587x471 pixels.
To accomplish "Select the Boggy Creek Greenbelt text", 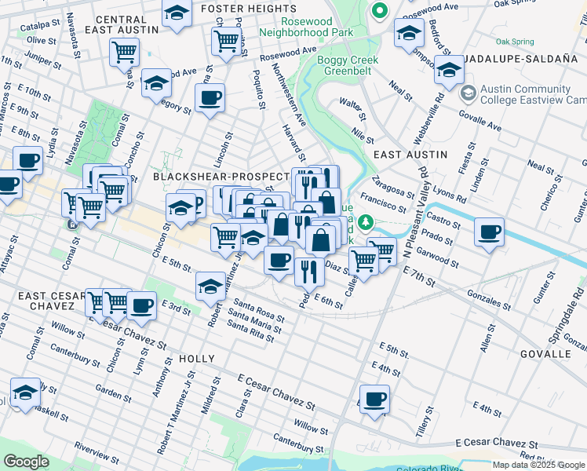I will pos(348,66).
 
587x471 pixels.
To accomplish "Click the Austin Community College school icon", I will pos(469,93).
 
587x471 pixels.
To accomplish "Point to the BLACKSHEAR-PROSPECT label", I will pos(221,177).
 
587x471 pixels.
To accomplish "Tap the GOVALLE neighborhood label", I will pos(545,354).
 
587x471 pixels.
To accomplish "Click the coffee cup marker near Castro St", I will pos(490,232).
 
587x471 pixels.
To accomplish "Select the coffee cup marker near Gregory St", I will pos(210,99).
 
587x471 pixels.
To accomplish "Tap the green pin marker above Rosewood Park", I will pos(380,11).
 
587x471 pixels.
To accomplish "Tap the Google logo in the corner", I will pos(26,462).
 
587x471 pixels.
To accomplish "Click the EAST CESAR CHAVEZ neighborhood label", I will pos(51,302).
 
